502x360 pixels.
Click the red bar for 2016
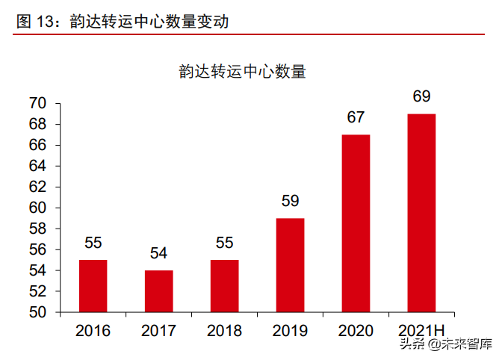[93, 286]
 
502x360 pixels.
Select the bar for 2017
[158, 291]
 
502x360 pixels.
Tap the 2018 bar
[224, 286]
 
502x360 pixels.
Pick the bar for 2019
[290, 265]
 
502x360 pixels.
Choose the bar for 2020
[356, 223]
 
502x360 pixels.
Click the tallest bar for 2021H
[421, 213]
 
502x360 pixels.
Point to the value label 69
[421, 96]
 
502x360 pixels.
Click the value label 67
[356, 117]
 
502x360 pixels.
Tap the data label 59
[290, 201]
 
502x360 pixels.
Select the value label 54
[158, 253]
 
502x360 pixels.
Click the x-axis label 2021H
[421, 330]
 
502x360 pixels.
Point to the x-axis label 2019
[290, 330]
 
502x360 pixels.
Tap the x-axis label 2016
[93, 330]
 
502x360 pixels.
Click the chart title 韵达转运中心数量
[243, 72]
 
